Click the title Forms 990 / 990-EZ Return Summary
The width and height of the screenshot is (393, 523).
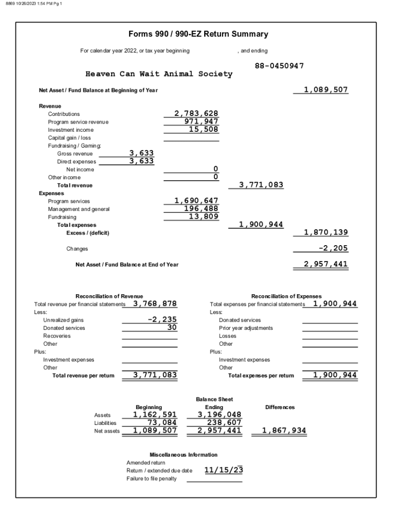point(199,34)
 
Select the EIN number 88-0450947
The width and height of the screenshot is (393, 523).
point(279,66)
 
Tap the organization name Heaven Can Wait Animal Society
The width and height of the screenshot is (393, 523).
point(159,74)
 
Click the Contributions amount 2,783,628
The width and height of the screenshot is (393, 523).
point(196,113)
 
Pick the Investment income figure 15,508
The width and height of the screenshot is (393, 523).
point(204,129)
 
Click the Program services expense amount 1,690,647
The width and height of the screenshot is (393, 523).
point(196,201)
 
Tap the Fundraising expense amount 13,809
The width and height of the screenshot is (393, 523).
point(204,217)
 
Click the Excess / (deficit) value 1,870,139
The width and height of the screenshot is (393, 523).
point(326,232)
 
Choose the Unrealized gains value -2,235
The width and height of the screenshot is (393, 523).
point(162,319)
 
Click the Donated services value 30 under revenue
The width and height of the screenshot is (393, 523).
point(171,327)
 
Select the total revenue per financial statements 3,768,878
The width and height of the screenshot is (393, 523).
point(155,303)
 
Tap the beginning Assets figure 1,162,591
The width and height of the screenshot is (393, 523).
point(155,415)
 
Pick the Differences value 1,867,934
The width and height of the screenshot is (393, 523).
point(284,431)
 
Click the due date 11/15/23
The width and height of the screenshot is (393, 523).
point(224,470)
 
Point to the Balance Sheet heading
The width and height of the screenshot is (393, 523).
point(214,399)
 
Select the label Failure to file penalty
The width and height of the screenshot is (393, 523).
point(152,479)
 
